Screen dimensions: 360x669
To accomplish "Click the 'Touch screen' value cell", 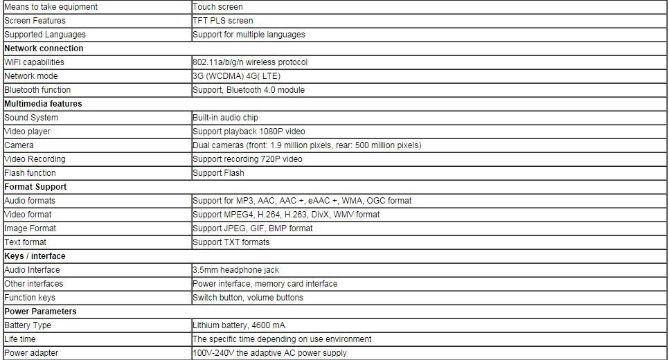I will click(x=217, y=7).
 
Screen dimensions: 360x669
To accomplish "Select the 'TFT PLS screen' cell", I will click(x=223, y=21).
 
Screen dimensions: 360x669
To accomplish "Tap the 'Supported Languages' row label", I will click(x=45, y=35).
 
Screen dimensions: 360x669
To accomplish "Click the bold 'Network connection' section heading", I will click(x=44, y=48).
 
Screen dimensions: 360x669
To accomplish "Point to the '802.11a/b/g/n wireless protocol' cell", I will click(x=250, y=62).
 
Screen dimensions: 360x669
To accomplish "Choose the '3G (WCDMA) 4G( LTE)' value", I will click(x=236, y=76).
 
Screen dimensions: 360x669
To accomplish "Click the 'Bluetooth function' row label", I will click(x=37, y=90).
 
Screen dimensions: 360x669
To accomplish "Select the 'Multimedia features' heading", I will click(x=43, y=104).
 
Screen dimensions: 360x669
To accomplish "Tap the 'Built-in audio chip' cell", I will click(x=225, y=118).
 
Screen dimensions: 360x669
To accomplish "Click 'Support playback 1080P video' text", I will click(x=249, y=132).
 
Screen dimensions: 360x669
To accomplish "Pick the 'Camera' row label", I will click(x=19, y=145).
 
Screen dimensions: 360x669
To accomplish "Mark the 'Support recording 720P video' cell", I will click(x=247, y=159).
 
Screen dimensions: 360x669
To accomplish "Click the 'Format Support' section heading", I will click(x=35, y=187).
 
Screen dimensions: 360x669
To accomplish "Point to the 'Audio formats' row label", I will click(x=30, y=201).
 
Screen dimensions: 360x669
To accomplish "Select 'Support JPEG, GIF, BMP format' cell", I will click(x=253, y=228).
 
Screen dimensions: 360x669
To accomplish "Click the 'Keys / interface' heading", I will click(x=35, y=256).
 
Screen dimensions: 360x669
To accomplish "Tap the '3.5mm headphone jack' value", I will click(x=235, y=270).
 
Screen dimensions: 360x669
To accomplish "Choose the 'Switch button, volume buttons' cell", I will click(x=248, y=298).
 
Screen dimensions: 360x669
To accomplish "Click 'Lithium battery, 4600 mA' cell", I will click(x=239, y=325).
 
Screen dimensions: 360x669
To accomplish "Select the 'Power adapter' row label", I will click(x=31, y=353).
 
